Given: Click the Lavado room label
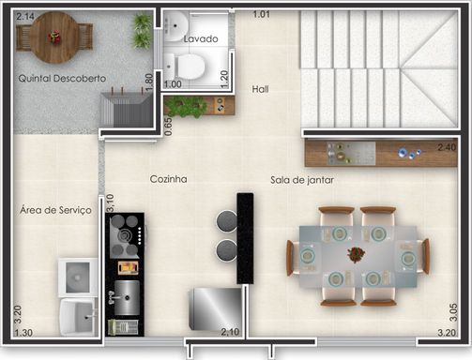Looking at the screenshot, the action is [x=201, y=38].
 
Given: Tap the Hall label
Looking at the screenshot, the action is [x=260, y=89].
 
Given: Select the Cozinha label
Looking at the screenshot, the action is [x=168, y=179].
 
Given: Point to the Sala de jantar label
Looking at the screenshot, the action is [x=302, y=180].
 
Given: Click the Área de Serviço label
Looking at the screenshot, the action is [x=55, y=210].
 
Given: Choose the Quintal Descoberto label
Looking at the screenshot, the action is [x=62, y=78].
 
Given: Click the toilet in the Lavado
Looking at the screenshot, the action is [x=186, y=67].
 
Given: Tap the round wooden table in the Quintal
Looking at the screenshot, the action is [x=54, y=37].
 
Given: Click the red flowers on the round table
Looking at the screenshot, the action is [x=54, y=37].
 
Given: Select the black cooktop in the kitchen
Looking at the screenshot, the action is [x=125, y=235].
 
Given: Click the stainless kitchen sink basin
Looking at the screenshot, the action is [x=127, y=297].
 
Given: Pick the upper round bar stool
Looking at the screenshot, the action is [x=227, y=221].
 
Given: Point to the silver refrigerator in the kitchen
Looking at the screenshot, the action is [x=215, y=308].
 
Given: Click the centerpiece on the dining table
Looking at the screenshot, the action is [x=356, y=254].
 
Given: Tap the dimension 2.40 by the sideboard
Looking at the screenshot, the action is [x=447, y=146].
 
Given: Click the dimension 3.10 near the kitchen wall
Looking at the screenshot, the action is [x=110, y=203].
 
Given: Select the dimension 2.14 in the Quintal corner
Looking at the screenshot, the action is [x=25, y=16].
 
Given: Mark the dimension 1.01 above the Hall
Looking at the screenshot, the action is [x=261, y=14].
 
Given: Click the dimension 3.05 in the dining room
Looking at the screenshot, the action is [x=453, y=312].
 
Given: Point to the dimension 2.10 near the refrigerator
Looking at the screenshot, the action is [x=230, y=332].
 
